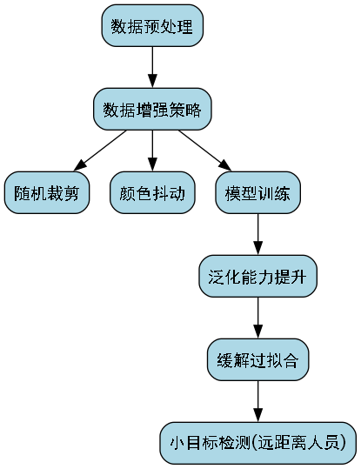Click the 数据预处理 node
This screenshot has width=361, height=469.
coord(152,26)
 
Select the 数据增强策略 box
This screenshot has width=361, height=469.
coord(152,110)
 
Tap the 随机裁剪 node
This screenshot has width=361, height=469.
coord(47,193)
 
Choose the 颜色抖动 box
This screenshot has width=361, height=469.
coord(152,193)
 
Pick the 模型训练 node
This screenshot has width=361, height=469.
coord(257,193)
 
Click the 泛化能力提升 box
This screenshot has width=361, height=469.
coord(257,277)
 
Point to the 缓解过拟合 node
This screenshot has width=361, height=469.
coord(257,360)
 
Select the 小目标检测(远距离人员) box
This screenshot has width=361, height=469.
coord(257,444)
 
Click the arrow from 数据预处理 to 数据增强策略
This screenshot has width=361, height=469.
coord(152,68)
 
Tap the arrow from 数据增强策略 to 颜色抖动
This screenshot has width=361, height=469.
coord(152,151)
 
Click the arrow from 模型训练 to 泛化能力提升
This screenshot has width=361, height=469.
coord(257,235)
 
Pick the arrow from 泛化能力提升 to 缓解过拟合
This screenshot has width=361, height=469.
coord(257,318)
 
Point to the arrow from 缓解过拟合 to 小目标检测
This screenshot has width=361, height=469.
coord(257,402)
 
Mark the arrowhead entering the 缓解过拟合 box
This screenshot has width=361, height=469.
coord(257,333)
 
